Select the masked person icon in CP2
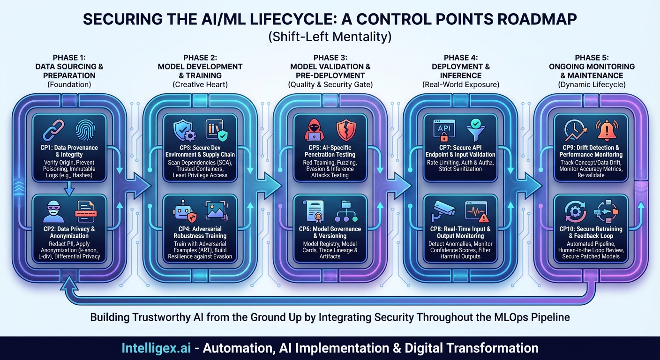coord(53,210)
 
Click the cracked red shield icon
coord(346,130)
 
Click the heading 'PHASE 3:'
coord(330,58)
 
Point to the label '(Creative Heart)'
coord(200,85)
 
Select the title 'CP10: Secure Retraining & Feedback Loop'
coord(591,232)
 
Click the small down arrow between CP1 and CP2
coord(69,188)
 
